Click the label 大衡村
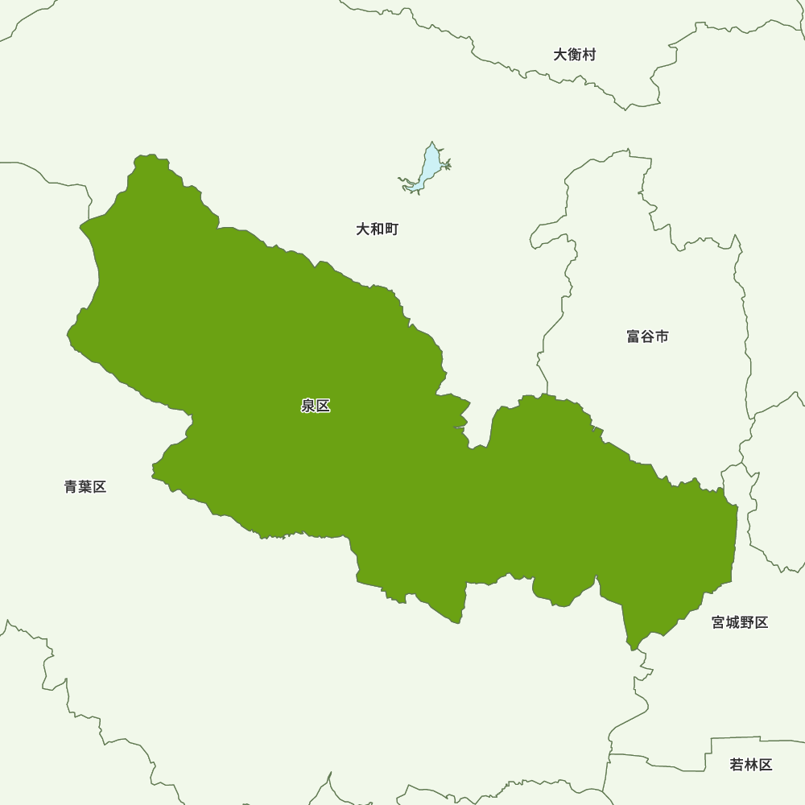(x=575, y=55)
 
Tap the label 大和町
(x=377, y=229)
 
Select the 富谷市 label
(x=647, y=336)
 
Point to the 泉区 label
(x=316, y=407)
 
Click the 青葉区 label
(x=85, y=487)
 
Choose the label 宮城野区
(x=740, y=622)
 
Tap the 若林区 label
(x=751, y=765)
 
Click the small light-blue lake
(x=429, y=165)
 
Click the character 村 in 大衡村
(x=589, y=55)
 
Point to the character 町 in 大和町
(x=391, y=229)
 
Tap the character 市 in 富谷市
(x=662, y=336)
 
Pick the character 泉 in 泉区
(x=308, y=407)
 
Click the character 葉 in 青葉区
(x=85, y=487)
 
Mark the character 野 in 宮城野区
(x=747, y=622)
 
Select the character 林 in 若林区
(x=751, y=765)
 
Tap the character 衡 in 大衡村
(x=575, y=55)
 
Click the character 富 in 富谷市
(x=633, y=336)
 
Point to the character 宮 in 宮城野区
(x=718, y=622)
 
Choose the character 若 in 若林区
(x=737, y=765)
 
